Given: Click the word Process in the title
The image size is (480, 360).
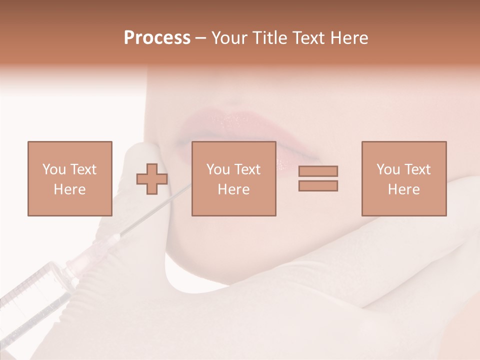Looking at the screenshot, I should [x=157, y=38].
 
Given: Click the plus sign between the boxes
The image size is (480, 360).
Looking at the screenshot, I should [x=152, y=178].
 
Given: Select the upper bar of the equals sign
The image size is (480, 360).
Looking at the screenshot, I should [x=318, y=171].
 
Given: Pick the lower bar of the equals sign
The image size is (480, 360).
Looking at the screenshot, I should [x=318, y=185].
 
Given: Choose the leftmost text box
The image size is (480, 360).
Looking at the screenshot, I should [x=69, y=178].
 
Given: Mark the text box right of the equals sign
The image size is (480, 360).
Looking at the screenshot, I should [x=403, y=178].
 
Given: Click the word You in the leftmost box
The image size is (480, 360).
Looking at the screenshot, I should [x=53, y=169].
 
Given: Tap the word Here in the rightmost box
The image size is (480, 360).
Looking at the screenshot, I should [x=403, y=189].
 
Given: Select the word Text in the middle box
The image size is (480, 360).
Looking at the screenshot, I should [x=247, y=169].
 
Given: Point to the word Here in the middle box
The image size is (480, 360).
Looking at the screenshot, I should [x=233, y=189].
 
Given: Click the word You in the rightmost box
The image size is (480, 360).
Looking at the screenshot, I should [x=387, y=169].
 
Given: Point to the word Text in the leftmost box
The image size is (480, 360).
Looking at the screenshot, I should [x=83, y=169].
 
